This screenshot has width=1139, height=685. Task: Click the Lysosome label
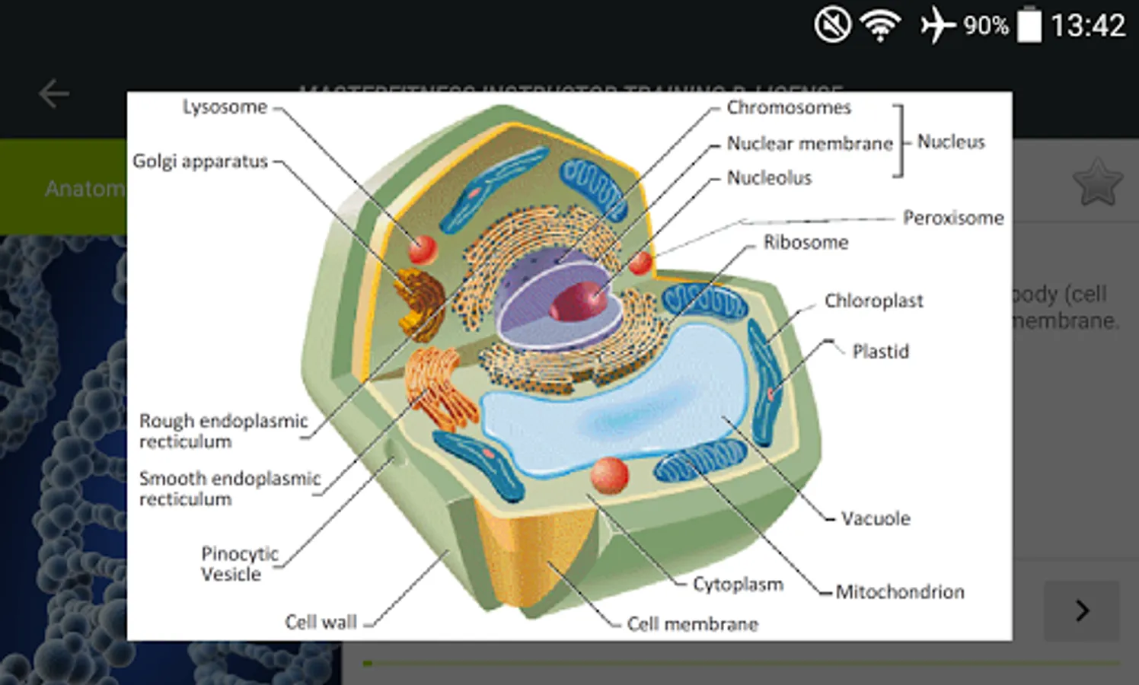pos(225,107)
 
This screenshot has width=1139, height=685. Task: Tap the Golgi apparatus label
pos(200,161)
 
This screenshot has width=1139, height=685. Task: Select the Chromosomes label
pos(788,107)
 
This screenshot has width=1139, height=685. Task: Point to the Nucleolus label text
pos(769,178)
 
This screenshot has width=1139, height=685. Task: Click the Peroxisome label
pos(953,218)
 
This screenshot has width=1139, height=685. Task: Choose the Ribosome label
pos(806,242)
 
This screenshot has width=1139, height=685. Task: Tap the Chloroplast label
pos(873,301)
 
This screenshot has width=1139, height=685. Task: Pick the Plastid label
pos(880,352)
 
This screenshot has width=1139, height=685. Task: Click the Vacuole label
pos(876,518)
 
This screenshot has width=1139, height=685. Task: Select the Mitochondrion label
pos(899,591)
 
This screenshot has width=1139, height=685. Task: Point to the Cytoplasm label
pos(738,584)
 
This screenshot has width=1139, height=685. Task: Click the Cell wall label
pos(321,622)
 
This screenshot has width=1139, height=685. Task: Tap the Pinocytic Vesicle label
pos(239,563)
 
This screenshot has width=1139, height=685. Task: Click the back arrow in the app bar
pos(54,94)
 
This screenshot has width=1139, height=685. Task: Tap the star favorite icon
pos(1097,183)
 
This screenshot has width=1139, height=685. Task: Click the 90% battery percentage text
pos(985,26)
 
